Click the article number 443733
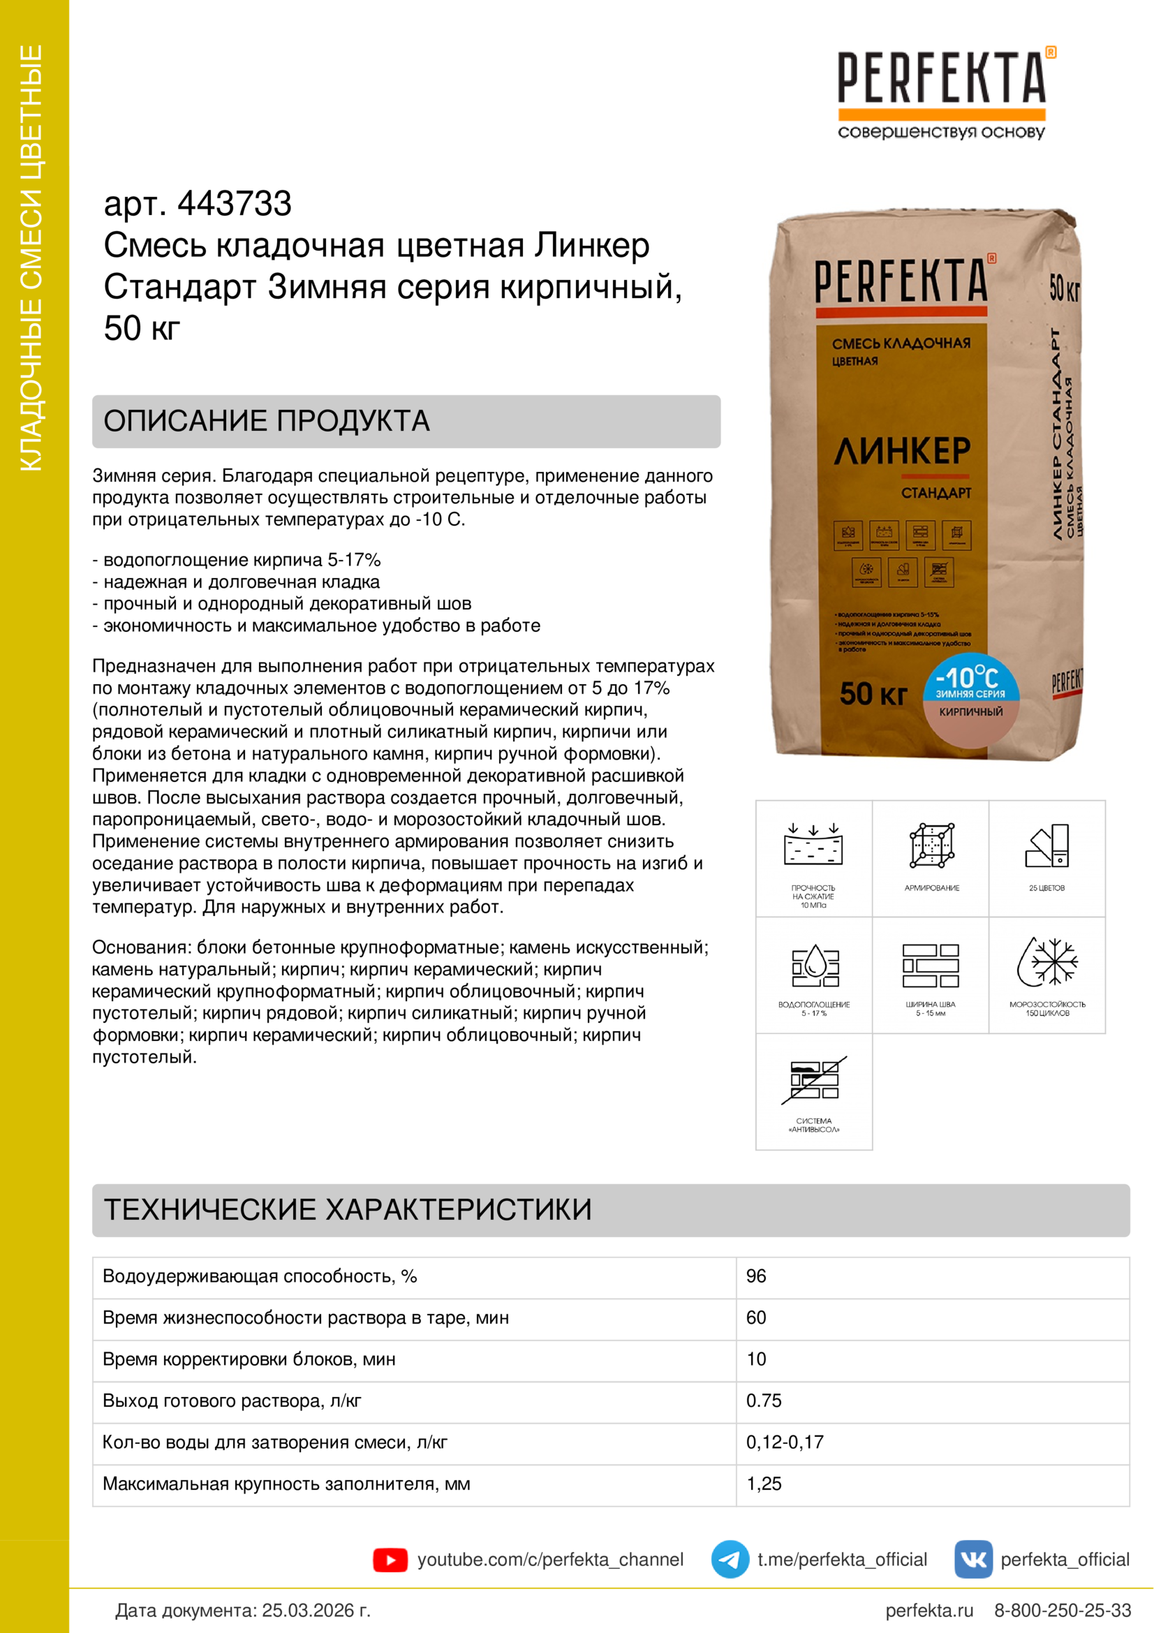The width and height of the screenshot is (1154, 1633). point(234,204)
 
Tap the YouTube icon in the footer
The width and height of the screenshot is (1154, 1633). point(390,1560)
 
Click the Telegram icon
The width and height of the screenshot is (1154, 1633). point(730,1560)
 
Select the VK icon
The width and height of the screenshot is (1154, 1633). point(972,1560)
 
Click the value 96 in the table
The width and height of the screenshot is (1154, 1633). point(756,1276)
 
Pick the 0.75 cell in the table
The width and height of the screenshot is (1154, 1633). point(764,1401)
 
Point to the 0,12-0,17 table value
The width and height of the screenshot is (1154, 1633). point(784,1442)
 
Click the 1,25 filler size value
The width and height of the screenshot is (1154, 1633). point(764,1484)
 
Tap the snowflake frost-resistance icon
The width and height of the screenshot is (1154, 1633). point(1047,962)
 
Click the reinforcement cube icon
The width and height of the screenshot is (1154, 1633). point(931,845)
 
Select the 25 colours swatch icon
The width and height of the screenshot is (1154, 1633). point(1047,845)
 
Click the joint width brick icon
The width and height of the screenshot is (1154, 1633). point(931,965)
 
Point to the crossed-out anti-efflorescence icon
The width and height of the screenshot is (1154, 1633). point(814,1079)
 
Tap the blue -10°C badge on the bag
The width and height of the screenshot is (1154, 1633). point(970,679)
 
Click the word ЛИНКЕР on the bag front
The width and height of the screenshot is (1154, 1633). point(901,451)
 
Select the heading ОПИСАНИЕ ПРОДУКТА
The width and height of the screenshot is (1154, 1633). point(267,421)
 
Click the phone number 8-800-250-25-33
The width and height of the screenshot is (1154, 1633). point(1063,1610)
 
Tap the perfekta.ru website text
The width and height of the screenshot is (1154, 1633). point(929,1610)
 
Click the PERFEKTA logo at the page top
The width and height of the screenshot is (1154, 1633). point(941,78)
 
